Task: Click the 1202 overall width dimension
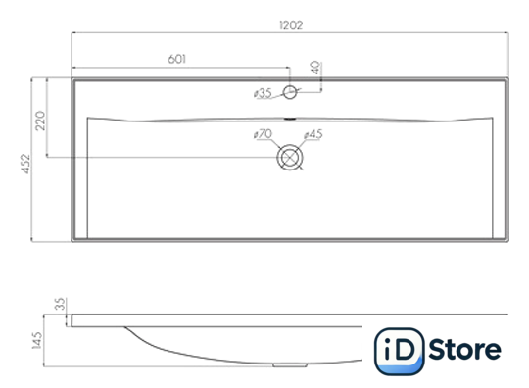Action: [x=291, y=25]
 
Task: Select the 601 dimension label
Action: [x=176, y=59]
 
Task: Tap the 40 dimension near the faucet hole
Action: [x=316, y=68]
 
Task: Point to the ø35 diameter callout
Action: [x=263, y=93]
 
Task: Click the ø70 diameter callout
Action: [x=263, y=134]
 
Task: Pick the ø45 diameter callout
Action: [x=313, y=134]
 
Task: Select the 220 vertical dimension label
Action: [x=40, y=121]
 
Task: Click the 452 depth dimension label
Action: [x=25, y=164]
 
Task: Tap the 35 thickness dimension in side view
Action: [x=60, y=304]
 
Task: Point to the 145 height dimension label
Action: [x=37, y=340]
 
